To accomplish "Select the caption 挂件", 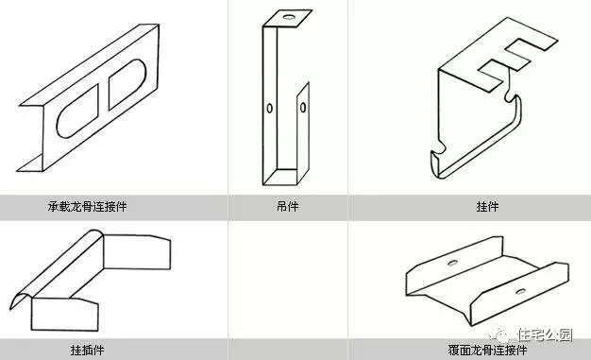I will pos(488,206).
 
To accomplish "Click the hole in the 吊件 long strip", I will pos(270,109).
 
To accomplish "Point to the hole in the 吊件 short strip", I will pos(303,108).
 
